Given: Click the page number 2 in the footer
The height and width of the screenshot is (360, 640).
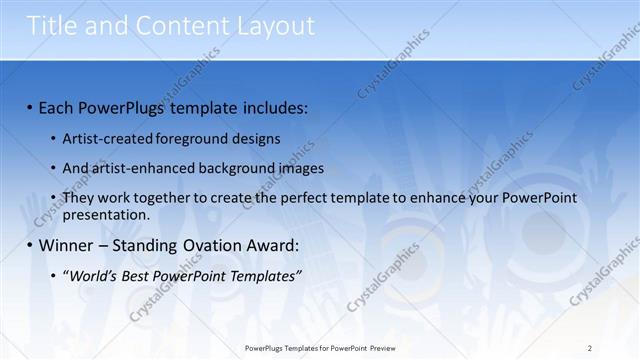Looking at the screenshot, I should click(590, 348).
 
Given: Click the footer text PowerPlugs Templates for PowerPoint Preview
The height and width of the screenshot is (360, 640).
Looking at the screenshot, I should click(326, 348).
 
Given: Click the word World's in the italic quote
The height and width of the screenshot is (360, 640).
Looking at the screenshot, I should click(95, 276).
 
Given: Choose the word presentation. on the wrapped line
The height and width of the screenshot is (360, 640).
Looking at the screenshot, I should click(106, 214).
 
